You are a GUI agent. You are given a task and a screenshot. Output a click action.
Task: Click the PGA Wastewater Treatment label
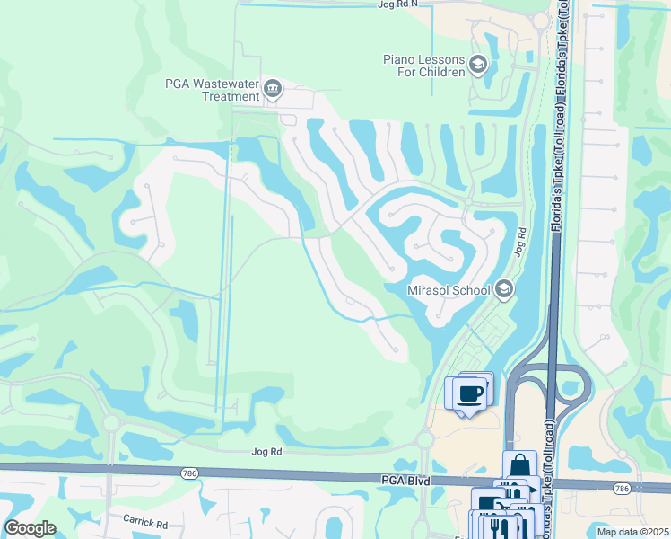click(x=213, y=90)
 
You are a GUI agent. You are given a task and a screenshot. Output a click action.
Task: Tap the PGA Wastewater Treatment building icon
click(x=274, y=89)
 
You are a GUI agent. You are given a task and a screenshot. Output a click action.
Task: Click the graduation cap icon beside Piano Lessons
click(x=478, y=63)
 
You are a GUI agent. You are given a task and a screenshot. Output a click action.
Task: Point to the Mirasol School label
click(x=449, y=289)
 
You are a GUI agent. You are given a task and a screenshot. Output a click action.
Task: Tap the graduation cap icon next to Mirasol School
click(x=504, y=288)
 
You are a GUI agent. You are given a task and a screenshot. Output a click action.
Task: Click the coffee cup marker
click(x=470, y=393)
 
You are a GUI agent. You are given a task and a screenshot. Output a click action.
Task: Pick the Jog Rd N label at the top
click(x=398, y=5)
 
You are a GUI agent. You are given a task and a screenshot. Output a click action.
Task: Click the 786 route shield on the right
click(x=622, y=488)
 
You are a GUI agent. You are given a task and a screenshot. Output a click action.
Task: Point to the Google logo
click(x=30, y=527)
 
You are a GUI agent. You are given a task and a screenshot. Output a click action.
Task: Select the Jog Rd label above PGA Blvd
click(x=267, y=452)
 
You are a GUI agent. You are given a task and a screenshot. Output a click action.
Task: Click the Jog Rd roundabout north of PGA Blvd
click(x=424, y=440)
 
